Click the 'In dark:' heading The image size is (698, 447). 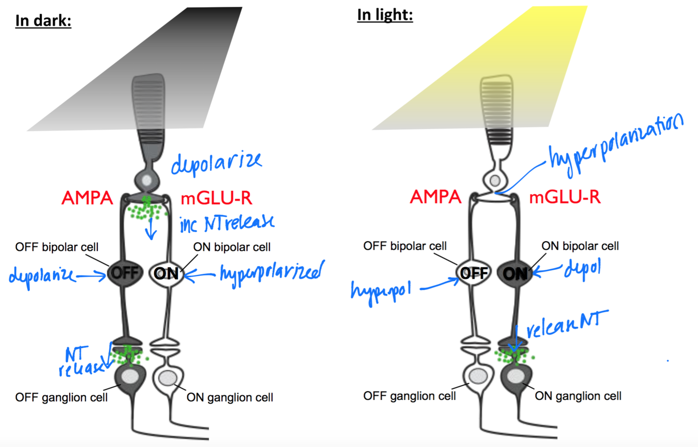[x=43, y=21]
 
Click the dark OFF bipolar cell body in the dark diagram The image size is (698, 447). [x=124, y=272]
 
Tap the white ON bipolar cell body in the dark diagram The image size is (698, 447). [x=167, y=272]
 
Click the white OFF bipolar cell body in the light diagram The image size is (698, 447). [x=474, y=272]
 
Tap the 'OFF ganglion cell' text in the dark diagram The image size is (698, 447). [x=62, y=397]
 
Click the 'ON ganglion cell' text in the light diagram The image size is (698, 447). [x=578, y=396]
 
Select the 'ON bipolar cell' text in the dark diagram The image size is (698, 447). [x=232, y=247]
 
